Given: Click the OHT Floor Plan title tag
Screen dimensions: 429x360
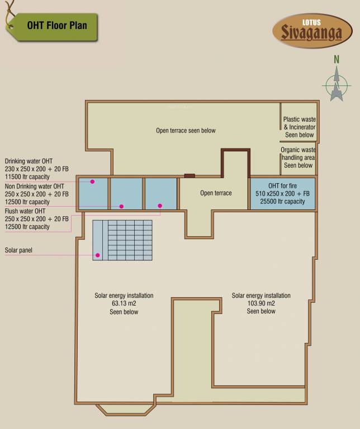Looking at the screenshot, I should (x=56, y=26).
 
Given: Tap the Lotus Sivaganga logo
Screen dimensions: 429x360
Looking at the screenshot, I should (x=312, y=30).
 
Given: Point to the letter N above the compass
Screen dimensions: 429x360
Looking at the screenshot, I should (x=337, y=59).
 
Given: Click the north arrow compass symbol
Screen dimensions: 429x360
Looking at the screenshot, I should (x=337, y=85).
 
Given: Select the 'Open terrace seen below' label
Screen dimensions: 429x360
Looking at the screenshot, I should (x=186, y=131).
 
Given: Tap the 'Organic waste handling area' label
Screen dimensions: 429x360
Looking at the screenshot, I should (x=299, y=158).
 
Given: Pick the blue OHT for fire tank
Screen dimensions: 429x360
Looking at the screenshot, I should (x=283, y=193).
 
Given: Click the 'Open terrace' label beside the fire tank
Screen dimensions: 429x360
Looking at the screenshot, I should (x=216, y=193).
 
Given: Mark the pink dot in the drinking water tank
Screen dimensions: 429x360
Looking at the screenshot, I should (x=92, y=182).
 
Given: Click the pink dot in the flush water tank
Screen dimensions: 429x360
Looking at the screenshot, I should (x=160, y=206).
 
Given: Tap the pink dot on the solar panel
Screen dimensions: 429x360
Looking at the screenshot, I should (x=98, y=255).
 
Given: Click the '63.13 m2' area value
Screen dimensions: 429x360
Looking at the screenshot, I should (x=124, y=304).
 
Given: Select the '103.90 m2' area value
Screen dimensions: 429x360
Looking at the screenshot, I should (x=261, y=303).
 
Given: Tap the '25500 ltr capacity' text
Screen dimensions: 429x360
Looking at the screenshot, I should (x=283, y=202).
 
